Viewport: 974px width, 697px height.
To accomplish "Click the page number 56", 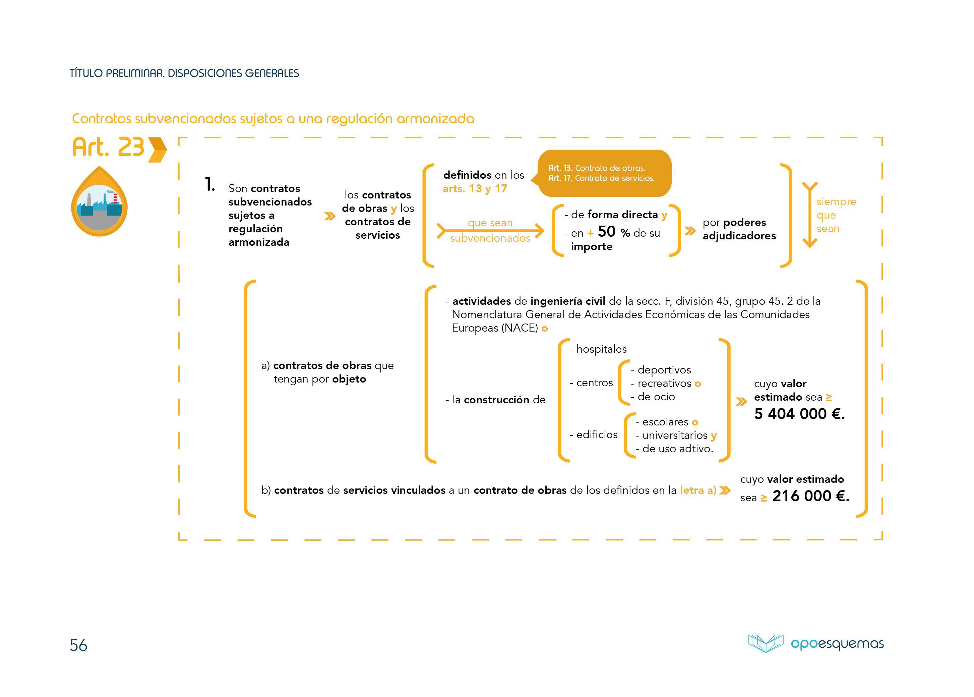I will pyautogui.click(x=78, y=645).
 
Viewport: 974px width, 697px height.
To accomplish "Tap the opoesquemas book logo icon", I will pyautogui.click(x=766, y=643).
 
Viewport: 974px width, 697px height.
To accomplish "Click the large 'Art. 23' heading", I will pyautogui.click(x=108, y=147).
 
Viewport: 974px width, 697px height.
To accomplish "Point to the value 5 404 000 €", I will pyautogui.click(x=799, y=414).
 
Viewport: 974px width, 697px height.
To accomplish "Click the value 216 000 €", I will pyautogui.click(x=810, y=496).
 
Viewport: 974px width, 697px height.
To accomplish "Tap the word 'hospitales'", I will pyautogui.click(x=601, y=349).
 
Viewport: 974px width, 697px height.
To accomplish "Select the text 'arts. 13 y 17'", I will pyautogui.click(x=475, y=188).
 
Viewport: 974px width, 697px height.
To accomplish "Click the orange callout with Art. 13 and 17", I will pyautogui.click(x=604, y=173).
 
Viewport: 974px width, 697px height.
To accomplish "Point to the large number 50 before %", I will pyautogui.click(x=606, y=232).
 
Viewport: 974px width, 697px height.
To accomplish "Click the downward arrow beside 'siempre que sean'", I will pyautogui.click(x=810, y=215).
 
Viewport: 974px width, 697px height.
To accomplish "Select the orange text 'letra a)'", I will pyautogui.click(x=698, y=490).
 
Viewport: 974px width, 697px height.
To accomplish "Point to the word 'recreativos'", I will pyautogui.click(x=664, y=383).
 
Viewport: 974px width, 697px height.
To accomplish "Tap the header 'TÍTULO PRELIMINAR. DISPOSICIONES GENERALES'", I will pyautogui.click(x=184, y=73).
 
